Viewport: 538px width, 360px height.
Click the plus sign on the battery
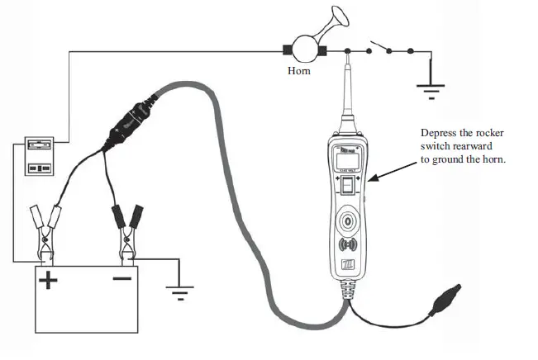(50, 281)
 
